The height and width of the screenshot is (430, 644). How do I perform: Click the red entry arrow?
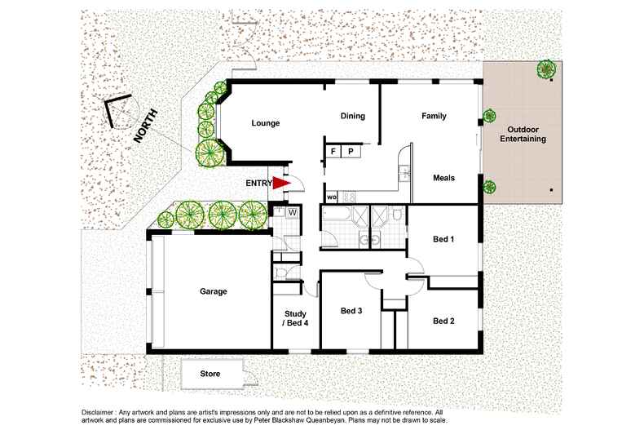point(281,184)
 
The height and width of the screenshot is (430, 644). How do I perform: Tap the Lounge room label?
point(266,124)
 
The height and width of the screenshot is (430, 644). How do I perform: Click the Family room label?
point(434,116)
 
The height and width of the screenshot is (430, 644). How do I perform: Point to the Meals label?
point(443,178)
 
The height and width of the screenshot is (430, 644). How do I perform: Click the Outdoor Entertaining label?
point(526,135)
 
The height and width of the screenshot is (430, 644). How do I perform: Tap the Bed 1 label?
point(443,239)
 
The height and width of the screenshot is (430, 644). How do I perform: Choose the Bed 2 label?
point(443,321)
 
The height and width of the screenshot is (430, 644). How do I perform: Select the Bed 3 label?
point(352,310)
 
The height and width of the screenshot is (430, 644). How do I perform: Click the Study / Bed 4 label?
point(295,318)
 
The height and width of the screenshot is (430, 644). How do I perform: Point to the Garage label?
point(213,291)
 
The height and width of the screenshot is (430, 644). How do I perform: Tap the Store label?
point(210,374)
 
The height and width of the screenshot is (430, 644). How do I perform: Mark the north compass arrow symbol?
point(120,112)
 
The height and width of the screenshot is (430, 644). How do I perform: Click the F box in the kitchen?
point(333,152)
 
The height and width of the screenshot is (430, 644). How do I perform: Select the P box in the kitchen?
point(351,152)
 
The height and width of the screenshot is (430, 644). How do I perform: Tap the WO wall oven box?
point(332,197)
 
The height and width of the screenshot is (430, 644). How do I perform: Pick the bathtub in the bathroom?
point(337,216)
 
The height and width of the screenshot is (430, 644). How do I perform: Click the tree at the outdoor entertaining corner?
point(546,69)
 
